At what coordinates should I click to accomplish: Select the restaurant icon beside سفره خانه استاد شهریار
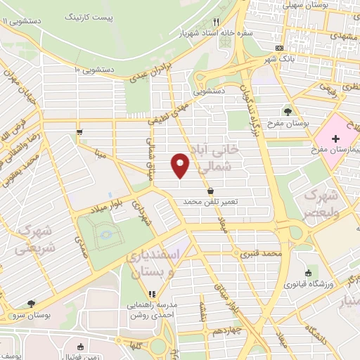tap(216, 22)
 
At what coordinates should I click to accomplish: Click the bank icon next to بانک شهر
tap(280, 48)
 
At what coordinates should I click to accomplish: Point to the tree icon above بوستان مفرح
tap(287, 111)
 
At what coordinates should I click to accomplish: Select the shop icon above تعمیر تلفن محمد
tap(210, 191)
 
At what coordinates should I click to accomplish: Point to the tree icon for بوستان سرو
tap(31, 303)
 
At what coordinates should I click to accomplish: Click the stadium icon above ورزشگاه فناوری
tap(308, 274)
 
